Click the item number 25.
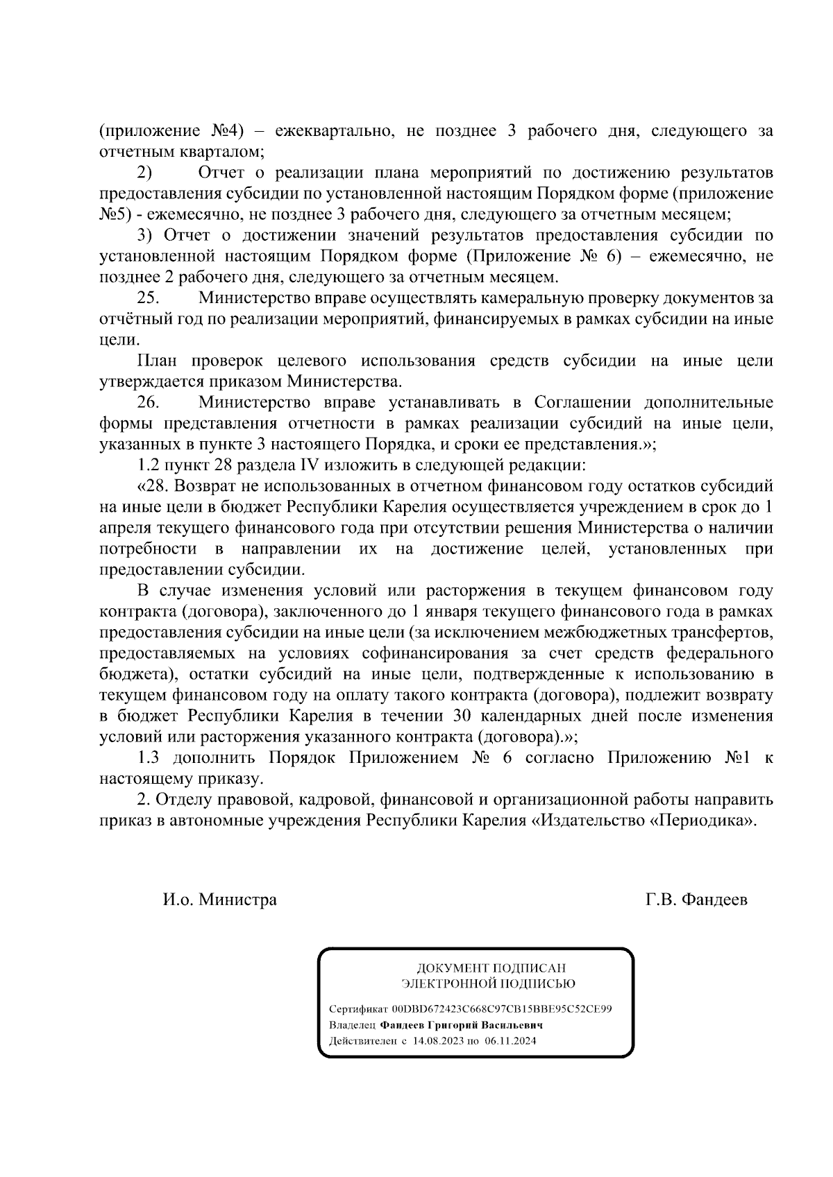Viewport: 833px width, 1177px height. pyautogui.click(x=149, y=299)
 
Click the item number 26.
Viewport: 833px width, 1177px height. pyautogui.click(x=149, y=403)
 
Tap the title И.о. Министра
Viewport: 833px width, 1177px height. pyautogui.click(x=220, y=900)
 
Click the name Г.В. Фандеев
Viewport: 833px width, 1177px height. pyautogui.click(x=696, y=900)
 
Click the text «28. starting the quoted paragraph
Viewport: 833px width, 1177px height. pyautogui.click(x=153, y=487)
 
